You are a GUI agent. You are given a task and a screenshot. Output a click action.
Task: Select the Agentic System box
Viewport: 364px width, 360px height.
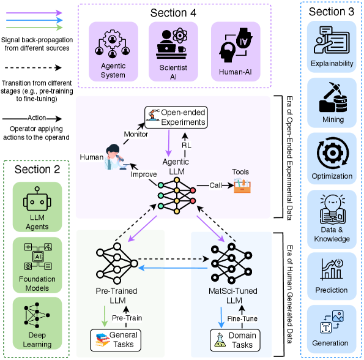tap(112, 52)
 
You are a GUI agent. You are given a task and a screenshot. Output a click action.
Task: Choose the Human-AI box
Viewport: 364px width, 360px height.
tap(234, 52)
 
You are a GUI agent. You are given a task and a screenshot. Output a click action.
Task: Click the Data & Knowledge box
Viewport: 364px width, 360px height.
tap(331, 217)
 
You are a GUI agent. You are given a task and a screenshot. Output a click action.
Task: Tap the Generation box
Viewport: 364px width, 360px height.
tap(331, 327)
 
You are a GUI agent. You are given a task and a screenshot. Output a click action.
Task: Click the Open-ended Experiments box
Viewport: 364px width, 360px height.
tap(176, 116)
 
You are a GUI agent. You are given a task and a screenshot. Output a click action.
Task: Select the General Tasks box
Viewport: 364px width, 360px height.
tap(116, 340)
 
